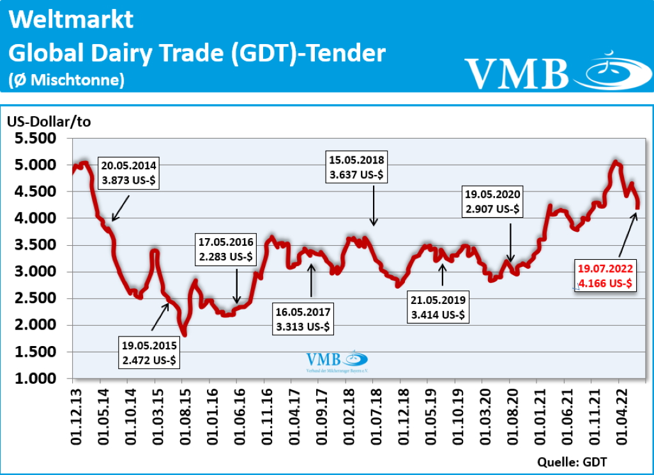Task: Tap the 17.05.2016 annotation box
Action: pyautogui.click(x=226, y=250)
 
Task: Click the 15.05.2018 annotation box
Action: pyautogui.click(x=357, y=167)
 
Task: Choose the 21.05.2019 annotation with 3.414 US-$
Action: pyautogui.click(x=439, y=307)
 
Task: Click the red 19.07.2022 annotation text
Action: pyautogui.click(x=605, y=276)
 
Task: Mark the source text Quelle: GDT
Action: pyautogui.click(x=572, y=462)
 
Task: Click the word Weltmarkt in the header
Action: pyautogui.click(x=72, y=20)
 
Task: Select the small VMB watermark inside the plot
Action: pyautogui.click(x=336, y=361)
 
